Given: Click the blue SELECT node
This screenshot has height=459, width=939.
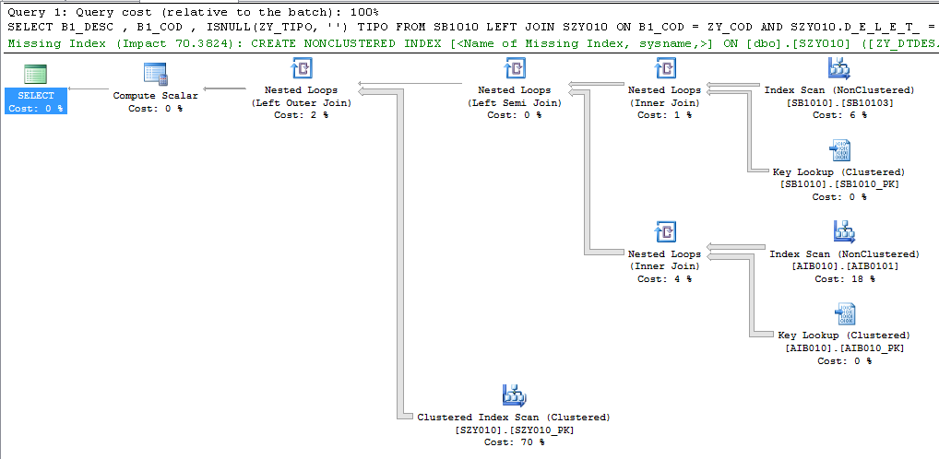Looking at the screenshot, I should pos(36,100).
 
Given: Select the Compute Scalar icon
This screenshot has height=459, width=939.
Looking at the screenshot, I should pos(155,75).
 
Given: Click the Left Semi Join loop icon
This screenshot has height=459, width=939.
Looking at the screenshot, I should pos(514,70).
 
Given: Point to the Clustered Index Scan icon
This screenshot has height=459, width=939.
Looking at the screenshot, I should pos(514,396).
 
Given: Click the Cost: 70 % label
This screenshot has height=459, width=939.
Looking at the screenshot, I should pos(514,441).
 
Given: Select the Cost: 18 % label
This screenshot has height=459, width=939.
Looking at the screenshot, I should pos(844,278).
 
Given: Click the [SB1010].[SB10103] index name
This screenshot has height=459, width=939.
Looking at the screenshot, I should pos(838,102).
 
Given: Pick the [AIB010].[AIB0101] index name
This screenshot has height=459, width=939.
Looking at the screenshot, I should pos(844,265).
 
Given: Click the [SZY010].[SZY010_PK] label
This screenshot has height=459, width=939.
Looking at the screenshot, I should pos(514,430).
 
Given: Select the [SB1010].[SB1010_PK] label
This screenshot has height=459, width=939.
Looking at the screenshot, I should pos(838,184).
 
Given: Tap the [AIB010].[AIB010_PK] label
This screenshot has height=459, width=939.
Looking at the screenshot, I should pos(844,347).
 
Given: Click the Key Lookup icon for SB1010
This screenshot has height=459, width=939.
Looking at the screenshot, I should pos(838,151).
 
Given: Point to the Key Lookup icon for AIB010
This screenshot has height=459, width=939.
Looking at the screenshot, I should pos(844,314).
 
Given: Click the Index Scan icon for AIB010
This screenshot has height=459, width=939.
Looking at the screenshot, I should pos(844,232).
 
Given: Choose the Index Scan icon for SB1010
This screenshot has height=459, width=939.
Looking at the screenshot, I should pos(838,70).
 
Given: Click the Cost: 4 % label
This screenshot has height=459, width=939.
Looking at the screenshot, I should pos(664,278).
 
